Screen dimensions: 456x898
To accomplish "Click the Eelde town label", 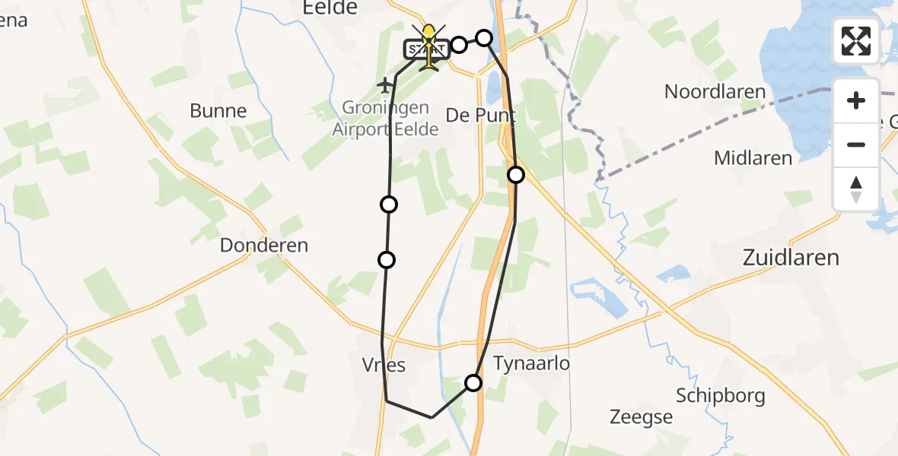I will (x=330, y=8).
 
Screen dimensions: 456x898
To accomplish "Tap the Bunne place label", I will (x=218, y=111).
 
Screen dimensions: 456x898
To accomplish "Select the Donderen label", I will (x=264, y=245).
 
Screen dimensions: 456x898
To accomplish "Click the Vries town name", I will (x=384, y=366).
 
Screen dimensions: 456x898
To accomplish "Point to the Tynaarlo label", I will (x=531, y=364).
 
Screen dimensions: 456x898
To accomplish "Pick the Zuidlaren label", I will (x=791, y=258).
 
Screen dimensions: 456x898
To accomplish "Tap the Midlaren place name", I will (x=753, y=158).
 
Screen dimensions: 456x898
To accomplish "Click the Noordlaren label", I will (x=715, y=92).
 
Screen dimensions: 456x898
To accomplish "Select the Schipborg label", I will (x=721, y=396).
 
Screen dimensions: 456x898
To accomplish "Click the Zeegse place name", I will (x=642, y=416).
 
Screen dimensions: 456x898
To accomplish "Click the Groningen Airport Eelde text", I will (x=386, y=119).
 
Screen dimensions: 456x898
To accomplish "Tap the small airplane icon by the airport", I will (x=385, y=85).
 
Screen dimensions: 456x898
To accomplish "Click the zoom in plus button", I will (x=856, y=100).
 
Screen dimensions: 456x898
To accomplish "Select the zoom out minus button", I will (x=856, y=144).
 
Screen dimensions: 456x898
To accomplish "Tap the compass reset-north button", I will (x=856, y=189).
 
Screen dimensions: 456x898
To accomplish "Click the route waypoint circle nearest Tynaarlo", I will (x=473, y=382).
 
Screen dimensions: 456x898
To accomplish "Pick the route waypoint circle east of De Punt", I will (x=516, y=175).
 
